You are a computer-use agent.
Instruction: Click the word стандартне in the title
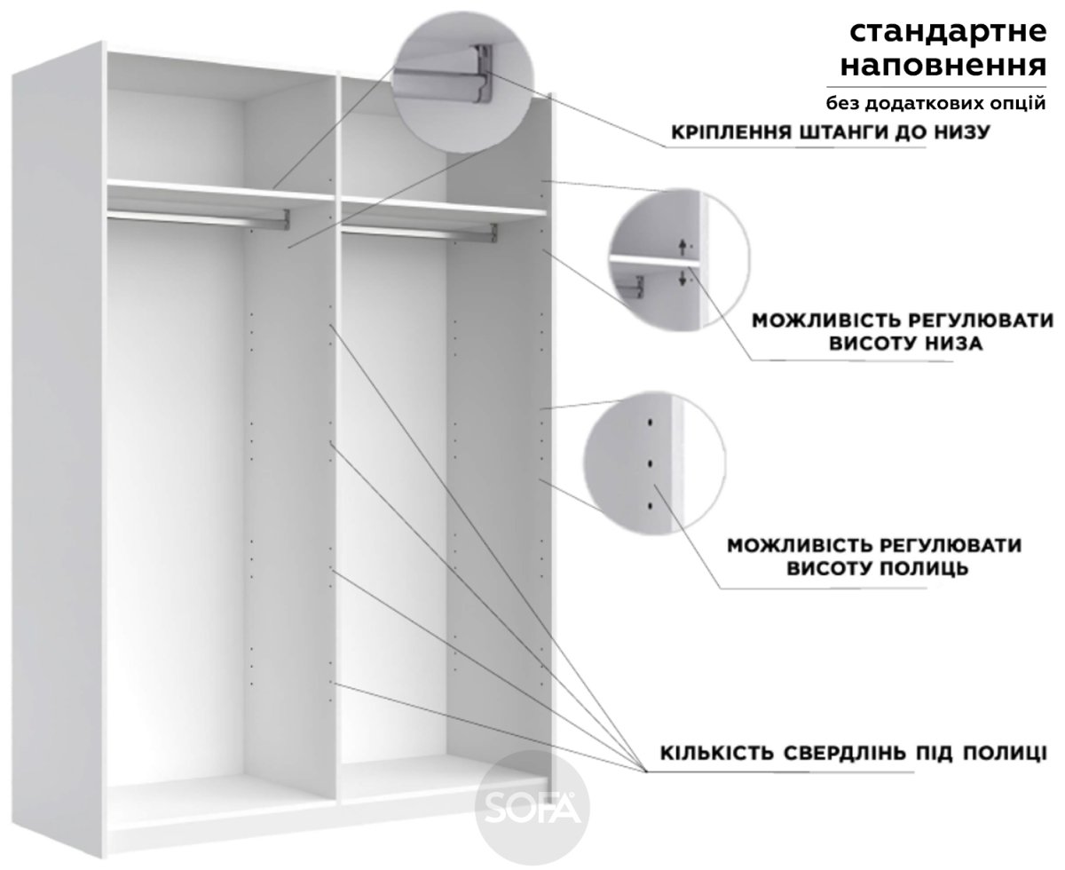pos(948,32)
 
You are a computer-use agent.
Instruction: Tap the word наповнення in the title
pos(943,67)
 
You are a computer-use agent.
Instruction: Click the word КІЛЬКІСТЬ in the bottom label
pos(716,753)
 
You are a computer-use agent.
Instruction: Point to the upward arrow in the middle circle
pos(682,247)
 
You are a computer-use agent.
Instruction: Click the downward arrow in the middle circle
pos(682,278)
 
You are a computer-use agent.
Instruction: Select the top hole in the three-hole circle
pos(651,422)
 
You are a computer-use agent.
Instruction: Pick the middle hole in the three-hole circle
pos(651,463)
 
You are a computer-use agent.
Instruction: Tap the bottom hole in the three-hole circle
pos(651,506)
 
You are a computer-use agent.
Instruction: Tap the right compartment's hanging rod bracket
pos(493,233)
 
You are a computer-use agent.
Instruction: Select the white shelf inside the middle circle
pos(655,261)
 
